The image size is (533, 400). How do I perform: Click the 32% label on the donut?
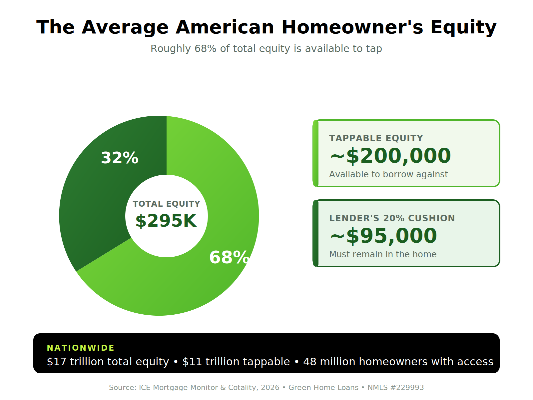pyautogui.click(x=120, y=158)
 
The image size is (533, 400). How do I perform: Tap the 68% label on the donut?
pyautogui.click(x=229, y=257)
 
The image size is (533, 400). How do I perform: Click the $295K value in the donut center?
pyautogui.click(x=166, y=221)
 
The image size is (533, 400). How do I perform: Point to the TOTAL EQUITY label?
pyautogui.click(x=167, y=204)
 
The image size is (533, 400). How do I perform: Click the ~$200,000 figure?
pyautogui.click(x=390, y=156)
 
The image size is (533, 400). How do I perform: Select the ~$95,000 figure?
pyautogui.click(x=383, y=236)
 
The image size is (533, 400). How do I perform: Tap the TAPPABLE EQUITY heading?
pyautogui.click(x=376, y=138)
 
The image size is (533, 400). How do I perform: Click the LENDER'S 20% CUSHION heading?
pyautogui.click(x=392, y=218)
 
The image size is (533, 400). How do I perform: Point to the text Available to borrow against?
pyautogui.click(x=388, y=174)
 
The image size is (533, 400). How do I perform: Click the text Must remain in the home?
pyautogui.click(x=383, y=254)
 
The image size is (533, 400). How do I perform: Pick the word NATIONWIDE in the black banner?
pyautogui.click(x=80, y=348)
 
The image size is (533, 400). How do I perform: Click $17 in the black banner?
pyautogui.click(x=57, y=362)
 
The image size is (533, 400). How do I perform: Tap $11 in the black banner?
pyautogui.click(x=192, y=362)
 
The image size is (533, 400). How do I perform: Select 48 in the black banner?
pyautogui.click(x=310, y=362)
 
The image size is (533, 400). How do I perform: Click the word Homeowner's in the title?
pyautogui.click(x=352, y=27)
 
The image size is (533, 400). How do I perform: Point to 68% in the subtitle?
pyautogui.click(x=206, y=49)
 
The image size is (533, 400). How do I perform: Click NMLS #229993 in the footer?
pyautogui.click(x=395, y=387)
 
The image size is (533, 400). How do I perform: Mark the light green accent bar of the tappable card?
pyautogui.click(x=316, y=153)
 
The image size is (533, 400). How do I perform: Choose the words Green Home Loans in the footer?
pyautogui.click(x=323, y=387)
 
